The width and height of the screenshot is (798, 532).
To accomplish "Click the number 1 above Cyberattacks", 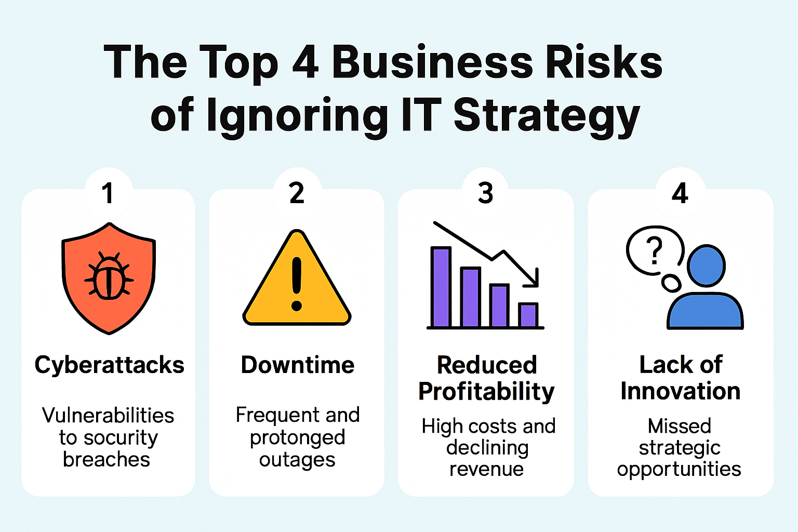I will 108,194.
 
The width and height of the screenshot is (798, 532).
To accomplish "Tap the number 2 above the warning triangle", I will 297,194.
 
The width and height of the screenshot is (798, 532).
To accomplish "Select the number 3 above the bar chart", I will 485,194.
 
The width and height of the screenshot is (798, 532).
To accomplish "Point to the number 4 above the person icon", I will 680,194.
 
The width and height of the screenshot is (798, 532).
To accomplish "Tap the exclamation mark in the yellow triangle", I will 297,283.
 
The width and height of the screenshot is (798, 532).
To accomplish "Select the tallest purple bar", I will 441,287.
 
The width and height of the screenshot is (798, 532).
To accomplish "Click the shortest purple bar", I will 528,315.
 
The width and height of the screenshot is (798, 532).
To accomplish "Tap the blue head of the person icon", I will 706,266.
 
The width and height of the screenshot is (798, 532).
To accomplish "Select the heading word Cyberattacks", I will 109,365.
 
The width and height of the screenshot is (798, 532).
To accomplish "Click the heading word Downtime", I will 298,365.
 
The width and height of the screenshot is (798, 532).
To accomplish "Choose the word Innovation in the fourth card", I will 680,391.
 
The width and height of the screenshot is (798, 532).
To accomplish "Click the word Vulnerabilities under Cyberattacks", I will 108,416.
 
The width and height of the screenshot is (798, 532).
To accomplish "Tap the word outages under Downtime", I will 297,460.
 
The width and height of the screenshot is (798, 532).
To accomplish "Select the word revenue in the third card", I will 486,469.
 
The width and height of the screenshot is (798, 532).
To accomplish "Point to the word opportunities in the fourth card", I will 679,470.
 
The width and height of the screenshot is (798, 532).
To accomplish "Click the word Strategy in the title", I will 547,116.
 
